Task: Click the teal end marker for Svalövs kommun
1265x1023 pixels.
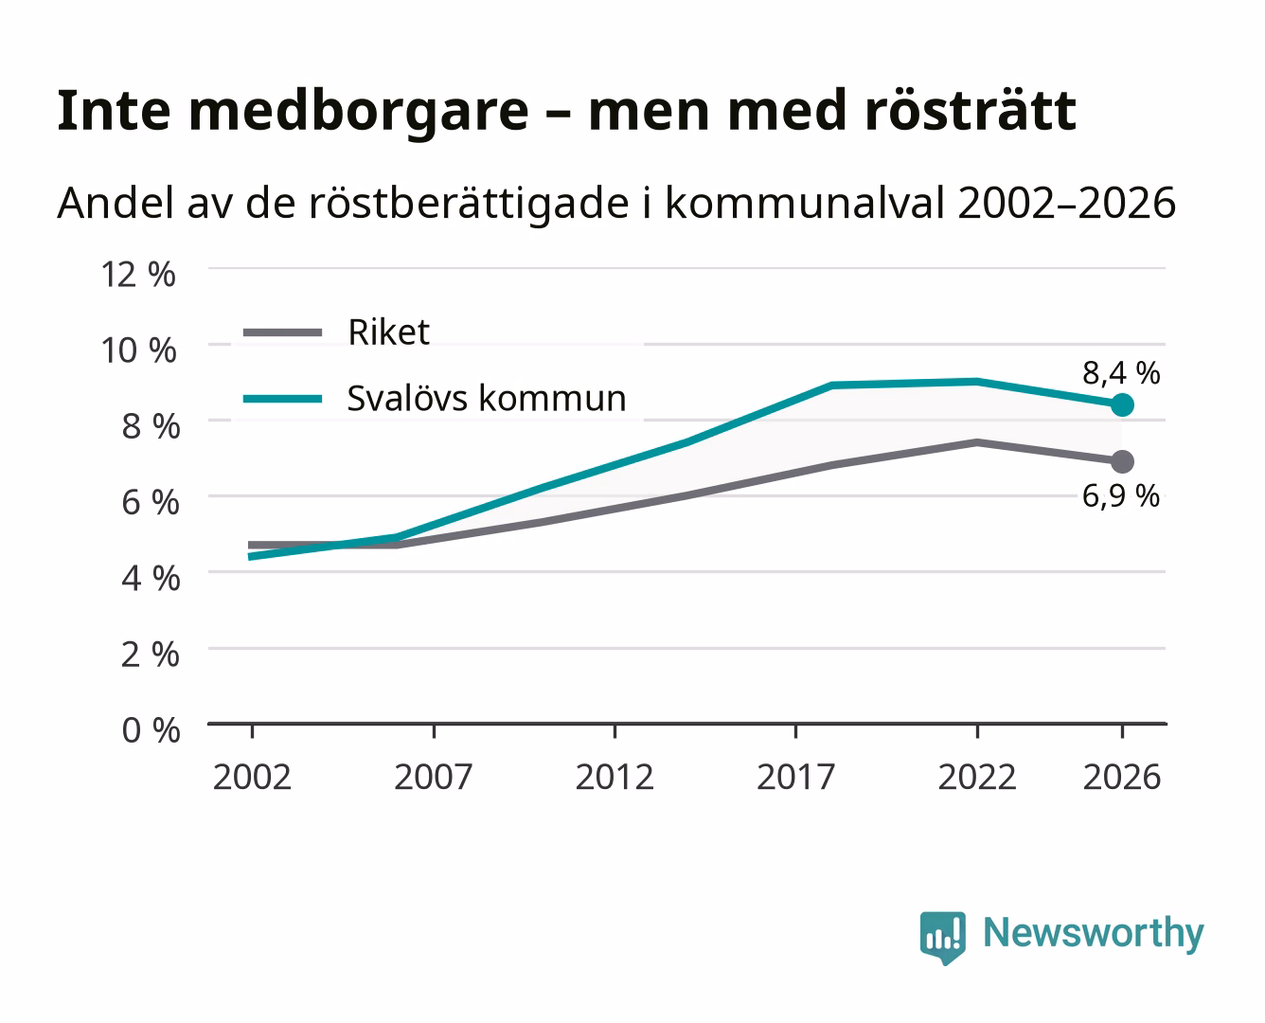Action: (x=1122, y=405)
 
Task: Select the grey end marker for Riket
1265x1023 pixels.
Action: (x=1122, y=461)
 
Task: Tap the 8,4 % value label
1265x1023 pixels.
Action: (x=1121, y=373)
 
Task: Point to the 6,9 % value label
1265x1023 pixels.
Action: (x=1121, y=495)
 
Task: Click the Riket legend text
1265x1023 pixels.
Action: (x=388, y=332)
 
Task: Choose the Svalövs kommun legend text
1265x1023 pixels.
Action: (x=487, y=398)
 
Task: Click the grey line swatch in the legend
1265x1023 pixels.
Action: (x=283, y=332)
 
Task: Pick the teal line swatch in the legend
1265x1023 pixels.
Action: (x=283, y=399)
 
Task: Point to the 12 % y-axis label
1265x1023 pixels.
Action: (x=138, y=275)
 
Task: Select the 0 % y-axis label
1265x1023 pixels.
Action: (x=151, y=730)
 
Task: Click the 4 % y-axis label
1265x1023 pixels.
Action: (x=151, y=578)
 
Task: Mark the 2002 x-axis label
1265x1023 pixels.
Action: (x=253, y=777)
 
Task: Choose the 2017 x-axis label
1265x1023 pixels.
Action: (x=795, y=777)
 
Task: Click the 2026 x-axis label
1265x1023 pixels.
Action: (x=1122, y=777)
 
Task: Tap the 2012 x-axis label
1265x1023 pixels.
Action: (x=615, y=777)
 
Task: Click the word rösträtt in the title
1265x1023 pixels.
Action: (x=970, y=111)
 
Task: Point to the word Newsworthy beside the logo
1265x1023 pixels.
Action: (x=1094, y=934)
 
